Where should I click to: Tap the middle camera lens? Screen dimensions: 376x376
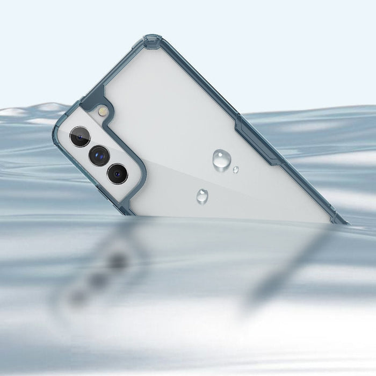(99, 156)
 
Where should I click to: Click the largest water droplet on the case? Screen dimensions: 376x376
(221, 159)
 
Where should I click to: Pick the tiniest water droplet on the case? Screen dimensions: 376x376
(236, 170)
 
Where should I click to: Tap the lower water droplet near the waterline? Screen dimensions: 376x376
(203, 196)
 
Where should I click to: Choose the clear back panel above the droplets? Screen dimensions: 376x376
(177, 107)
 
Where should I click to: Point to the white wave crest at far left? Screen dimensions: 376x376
(16, 113)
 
